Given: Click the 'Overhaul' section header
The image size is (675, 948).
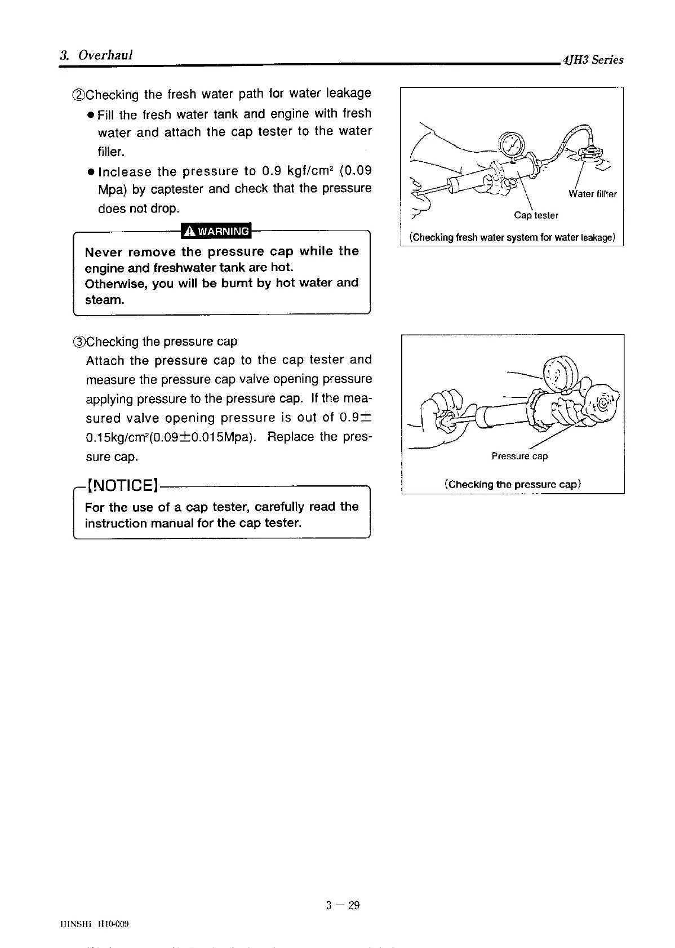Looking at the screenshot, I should (105, 55).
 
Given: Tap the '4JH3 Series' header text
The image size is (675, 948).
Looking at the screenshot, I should (590, 60).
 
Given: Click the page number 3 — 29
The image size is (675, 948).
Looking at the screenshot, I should (343, 905).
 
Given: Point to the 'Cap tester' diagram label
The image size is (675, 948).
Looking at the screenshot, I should (536, 215).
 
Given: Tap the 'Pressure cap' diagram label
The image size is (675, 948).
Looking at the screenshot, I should (519, 456).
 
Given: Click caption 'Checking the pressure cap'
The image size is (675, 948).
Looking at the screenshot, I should (512, 484).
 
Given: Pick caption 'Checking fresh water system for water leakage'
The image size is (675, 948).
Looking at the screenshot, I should (512, 237).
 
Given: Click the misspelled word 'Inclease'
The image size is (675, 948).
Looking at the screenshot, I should (125, 171).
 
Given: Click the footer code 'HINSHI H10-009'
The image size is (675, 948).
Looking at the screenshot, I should (95, 924).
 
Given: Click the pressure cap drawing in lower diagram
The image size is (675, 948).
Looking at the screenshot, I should (602, 403).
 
